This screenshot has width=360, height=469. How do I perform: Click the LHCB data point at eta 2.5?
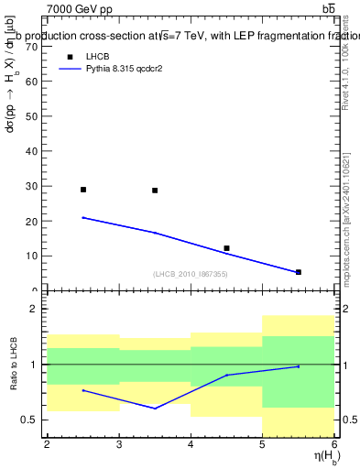pyautogui.click(x=83, y=190)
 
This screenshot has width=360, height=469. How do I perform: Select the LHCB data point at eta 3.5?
pyautogui.click(x=155, y=191)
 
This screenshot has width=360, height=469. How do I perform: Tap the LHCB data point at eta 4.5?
pyautogui.click(x=226, y=248)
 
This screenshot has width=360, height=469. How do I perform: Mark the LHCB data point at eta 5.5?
pyautogui.click(x=298, y=272)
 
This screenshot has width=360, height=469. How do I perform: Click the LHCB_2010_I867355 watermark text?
pyautogui.click(x=190, y=274)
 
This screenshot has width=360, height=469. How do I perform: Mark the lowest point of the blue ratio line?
pyautogui.click(x=155, y=409)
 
